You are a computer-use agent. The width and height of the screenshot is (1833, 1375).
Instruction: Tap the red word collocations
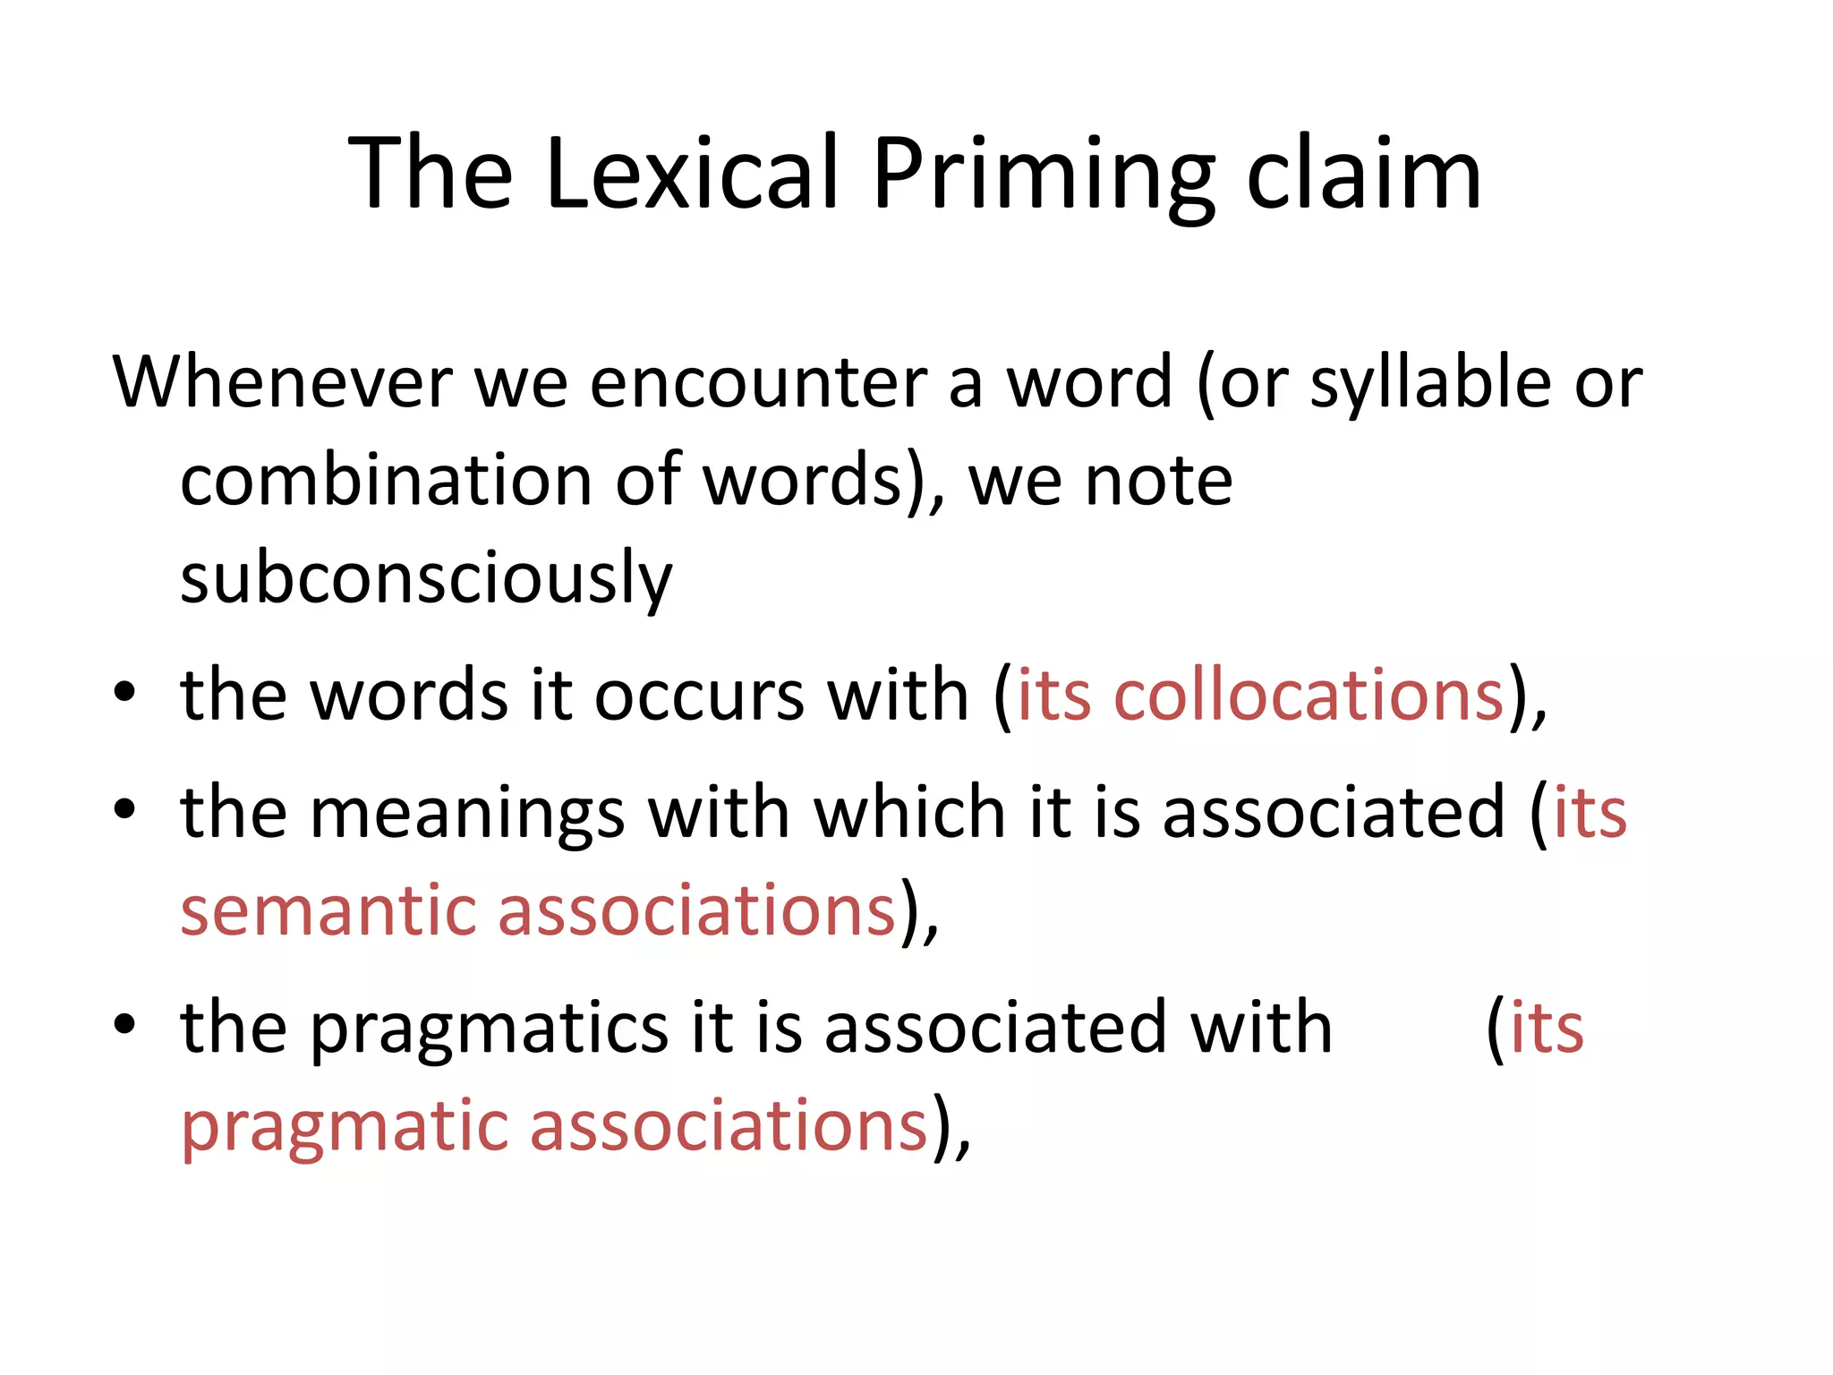click(1309, 696)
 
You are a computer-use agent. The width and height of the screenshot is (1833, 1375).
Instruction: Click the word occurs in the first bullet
click(699, 696)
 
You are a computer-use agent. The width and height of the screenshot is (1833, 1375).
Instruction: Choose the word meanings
click(466, 813)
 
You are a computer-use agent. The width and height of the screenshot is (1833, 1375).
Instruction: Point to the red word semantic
click(328, 910)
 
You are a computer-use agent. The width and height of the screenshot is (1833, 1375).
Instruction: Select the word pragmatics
click(489, 1029)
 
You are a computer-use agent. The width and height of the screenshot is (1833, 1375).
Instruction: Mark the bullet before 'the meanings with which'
click(124, 809)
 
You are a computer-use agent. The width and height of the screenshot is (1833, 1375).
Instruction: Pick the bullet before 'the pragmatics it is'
click(124, 1024)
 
